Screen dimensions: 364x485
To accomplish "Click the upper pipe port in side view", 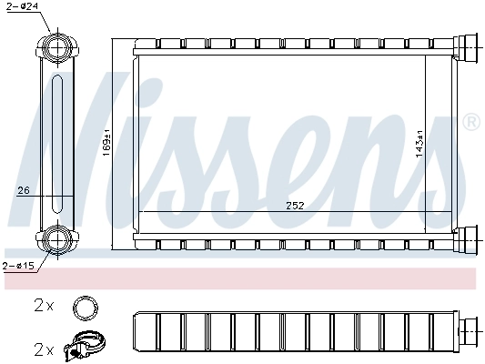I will [56, 46].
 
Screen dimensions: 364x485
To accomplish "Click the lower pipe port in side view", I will [56, 240].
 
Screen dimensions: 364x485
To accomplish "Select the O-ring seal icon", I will [85, 307].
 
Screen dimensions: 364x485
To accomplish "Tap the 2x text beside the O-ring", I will [44, 307].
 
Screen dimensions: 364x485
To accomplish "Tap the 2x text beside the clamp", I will [44, 349].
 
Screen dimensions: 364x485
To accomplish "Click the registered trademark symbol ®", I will [470, 121].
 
